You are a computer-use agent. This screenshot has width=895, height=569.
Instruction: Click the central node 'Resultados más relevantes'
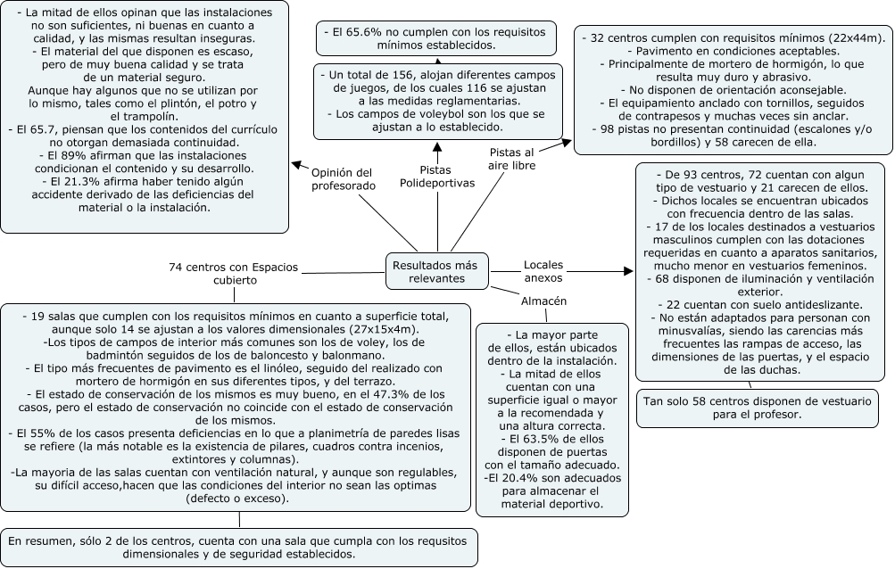[437, 271]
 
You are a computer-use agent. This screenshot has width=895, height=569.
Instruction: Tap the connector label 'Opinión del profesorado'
[344, 179]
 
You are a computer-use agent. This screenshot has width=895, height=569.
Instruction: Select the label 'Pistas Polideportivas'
[437, 177]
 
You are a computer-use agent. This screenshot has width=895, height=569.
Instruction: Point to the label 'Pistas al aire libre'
[512, 159]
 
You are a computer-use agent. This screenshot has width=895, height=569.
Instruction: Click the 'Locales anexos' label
[543, 271]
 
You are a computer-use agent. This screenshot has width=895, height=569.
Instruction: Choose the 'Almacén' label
[544, 301]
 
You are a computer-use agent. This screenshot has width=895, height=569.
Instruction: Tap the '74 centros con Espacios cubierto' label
[234, 274]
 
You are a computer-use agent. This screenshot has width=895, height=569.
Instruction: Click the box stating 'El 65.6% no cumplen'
[436, 38]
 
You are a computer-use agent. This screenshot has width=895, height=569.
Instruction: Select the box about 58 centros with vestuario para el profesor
[758, 408]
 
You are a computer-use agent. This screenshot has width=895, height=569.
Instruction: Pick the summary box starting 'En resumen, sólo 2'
[239, 548]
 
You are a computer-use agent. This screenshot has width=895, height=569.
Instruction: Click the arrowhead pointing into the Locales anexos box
[628, 271]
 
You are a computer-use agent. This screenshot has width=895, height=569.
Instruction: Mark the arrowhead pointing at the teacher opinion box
[297, 165]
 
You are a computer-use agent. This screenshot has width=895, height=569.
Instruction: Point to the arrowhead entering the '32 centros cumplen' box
[567, 143]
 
